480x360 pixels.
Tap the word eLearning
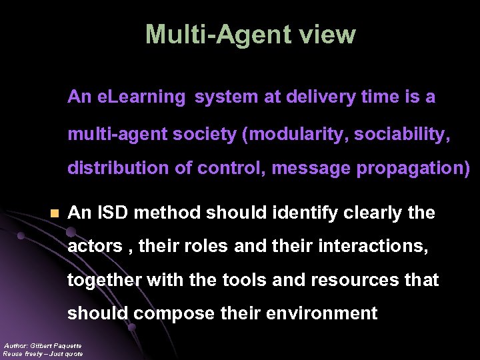point(141,97)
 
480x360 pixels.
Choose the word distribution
point(118,169)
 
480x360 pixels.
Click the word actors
point(95,247)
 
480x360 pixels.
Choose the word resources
point(353,280)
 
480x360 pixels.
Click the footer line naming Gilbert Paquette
point(43,345)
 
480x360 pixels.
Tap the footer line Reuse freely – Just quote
point(43,354)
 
